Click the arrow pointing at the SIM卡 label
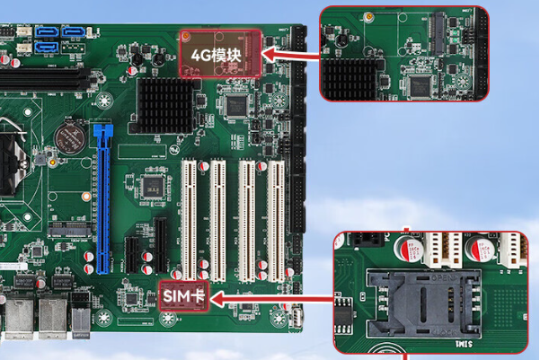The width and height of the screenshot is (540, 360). (x=270, y=295)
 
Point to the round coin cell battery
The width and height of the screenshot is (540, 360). (x=66, y=136)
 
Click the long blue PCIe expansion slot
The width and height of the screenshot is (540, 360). (x=102, y=198)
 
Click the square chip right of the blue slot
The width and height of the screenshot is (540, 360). (x=152, y=187)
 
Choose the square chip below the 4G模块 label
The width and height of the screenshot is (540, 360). (x=236, y=105)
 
